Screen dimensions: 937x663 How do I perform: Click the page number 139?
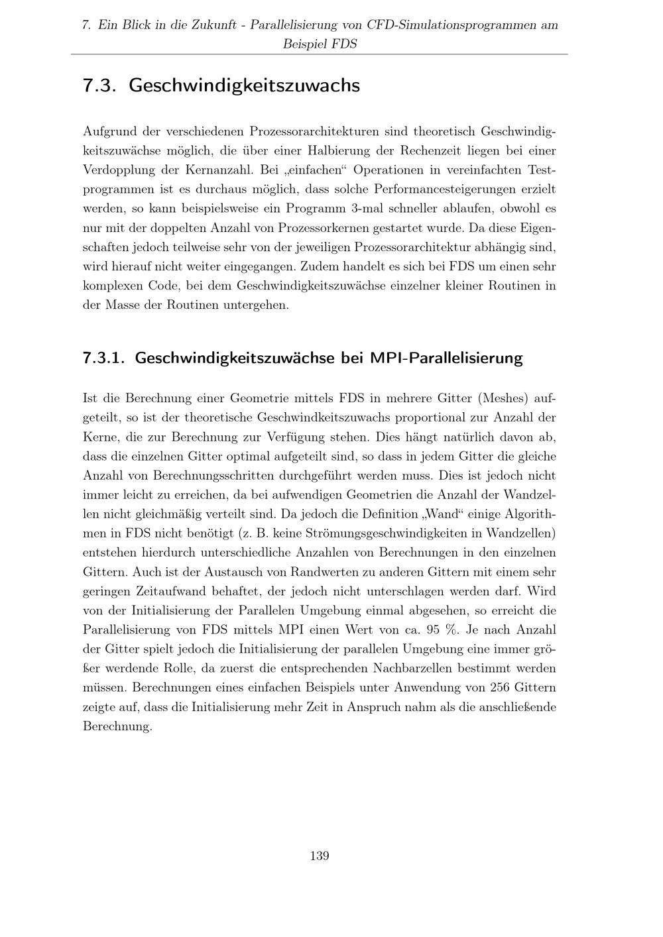(x=319, y=855)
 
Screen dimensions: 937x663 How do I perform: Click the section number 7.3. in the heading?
(x=100, y=85)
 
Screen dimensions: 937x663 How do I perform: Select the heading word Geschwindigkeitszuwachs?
(x=244, y=85)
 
